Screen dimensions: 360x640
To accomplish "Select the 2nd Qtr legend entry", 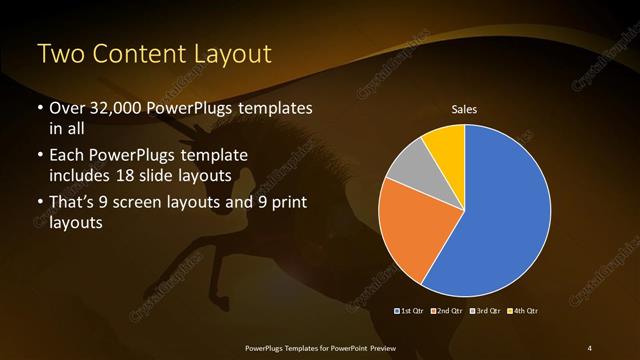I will [x=448, y=312].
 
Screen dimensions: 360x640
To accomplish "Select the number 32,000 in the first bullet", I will [x=109, y=108].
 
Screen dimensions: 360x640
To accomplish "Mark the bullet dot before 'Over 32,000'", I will [x=39, y=108].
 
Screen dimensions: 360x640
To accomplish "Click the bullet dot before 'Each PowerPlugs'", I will [x=39, y=156].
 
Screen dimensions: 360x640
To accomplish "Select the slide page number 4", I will [x=590, y=347].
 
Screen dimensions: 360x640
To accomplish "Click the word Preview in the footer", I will [x=379, y=347].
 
